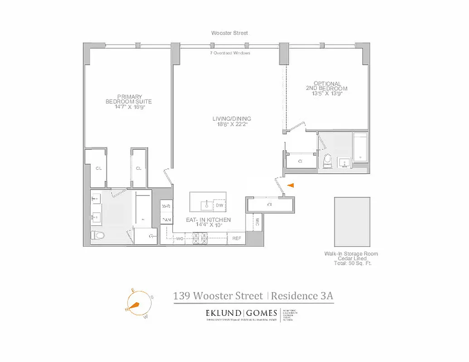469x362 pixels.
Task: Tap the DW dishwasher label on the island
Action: tap(219, 205)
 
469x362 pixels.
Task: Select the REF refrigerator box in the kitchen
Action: tap(237, 238)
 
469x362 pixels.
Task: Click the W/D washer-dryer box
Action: tap(166, 206)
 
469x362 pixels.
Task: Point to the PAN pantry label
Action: tap(166, 220)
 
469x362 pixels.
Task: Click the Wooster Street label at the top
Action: tap(229, 33)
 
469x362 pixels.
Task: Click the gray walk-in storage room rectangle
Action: tap(352, 221)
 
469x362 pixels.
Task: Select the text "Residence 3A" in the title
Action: tap(303, 296)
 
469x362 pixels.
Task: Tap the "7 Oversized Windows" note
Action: tap(230, 53)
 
